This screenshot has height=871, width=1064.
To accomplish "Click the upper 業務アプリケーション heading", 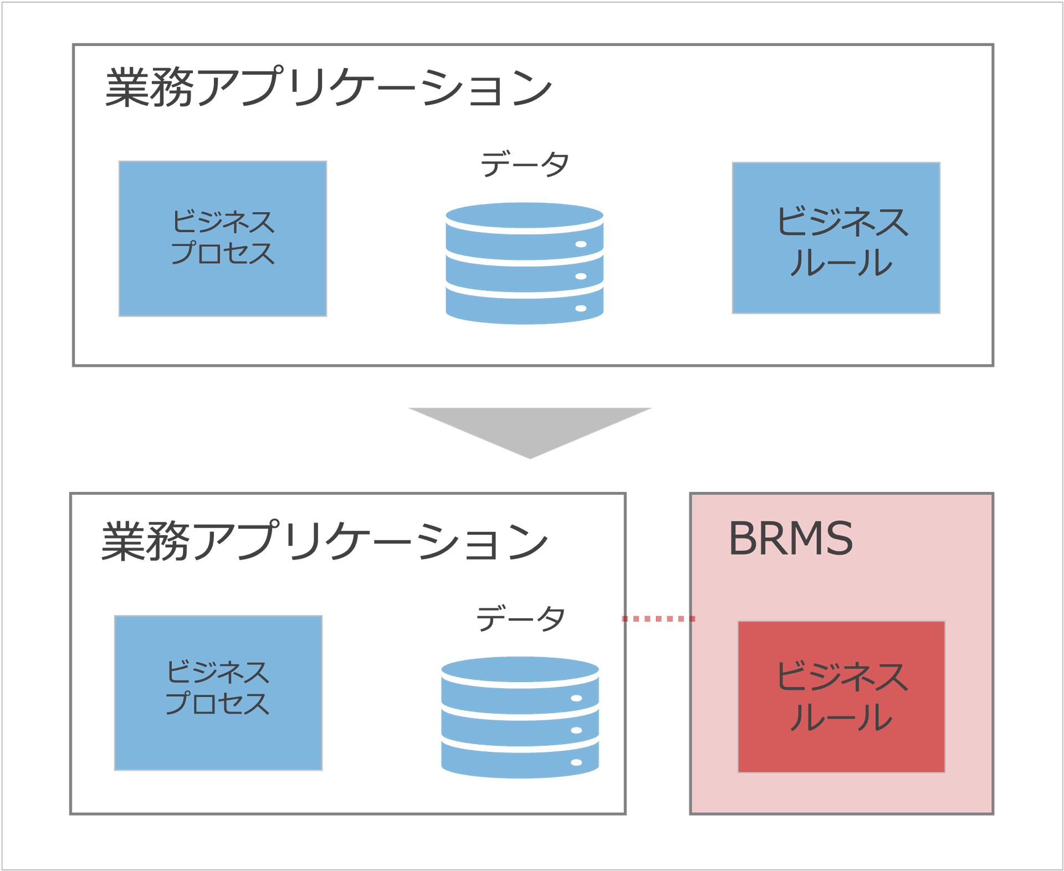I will [x=328, y=88].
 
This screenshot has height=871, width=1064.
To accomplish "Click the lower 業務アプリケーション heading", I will [x=325, y=541].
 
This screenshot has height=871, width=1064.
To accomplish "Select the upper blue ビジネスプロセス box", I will [x=223, y=239].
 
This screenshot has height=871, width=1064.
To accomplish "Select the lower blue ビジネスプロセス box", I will [x=218, y=693].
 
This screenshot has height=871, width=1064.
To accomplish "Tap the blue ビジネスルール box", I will [x=836, y=238].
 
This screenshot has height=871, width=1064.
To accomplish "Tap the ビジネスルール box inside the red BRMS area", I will [x=841, y=696].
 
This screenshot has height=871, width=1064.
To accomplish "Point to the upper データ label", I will [x=525, y=165].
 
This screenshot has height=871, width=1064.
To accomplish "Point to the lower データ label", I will [x=521, y=618].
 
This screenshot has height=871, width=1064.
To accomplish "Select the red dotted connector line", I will [x=656, y=618].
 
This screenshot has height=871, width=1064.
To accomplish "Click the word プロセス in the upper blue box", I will [x=223, y=254].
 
